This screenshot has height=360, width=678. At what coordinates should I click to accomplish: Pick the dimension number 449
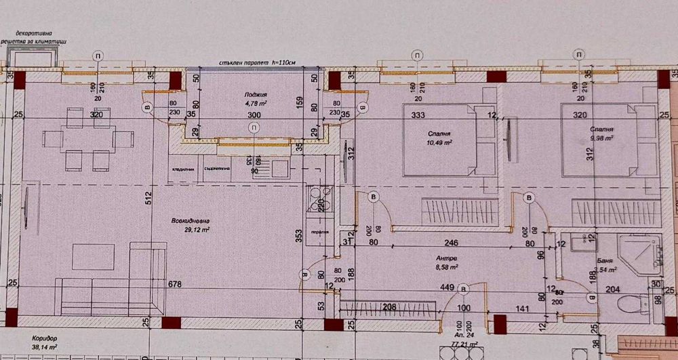click(x=446, y=286)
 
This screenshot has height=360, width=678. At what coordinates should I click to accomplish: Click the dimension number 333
click(x=418, y=115)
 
